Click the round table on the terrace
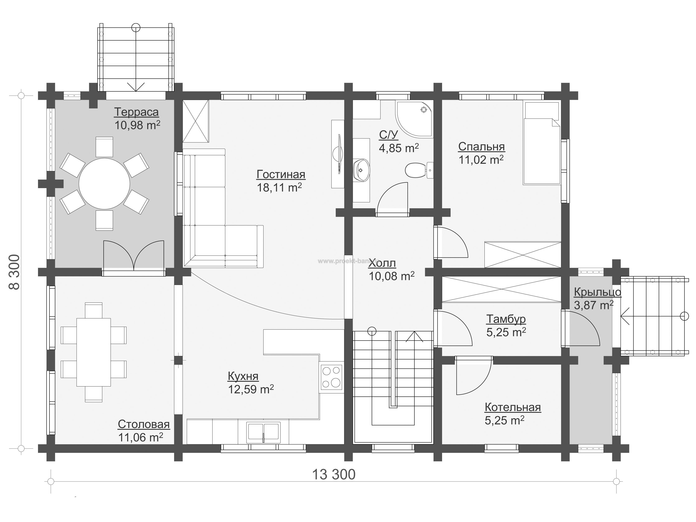pyautogui.click(x=104, y=184)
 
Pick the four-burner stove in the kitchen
pyautogui.click(x=332, y=377)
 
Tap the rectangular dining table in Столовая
pyautogui.click(x=94, y=352)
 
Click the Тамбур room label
pyautogui.click(x=506, y=319)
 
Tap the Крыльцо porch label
pyautogui.click(x=597, y=292)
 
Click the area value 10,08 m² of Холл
pyautogui.click(x=391, y=276)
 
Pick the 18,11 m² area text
pyautogui.click(x=279, y=187)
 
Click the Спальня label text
pyautogui.click(x=481, y=146)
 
